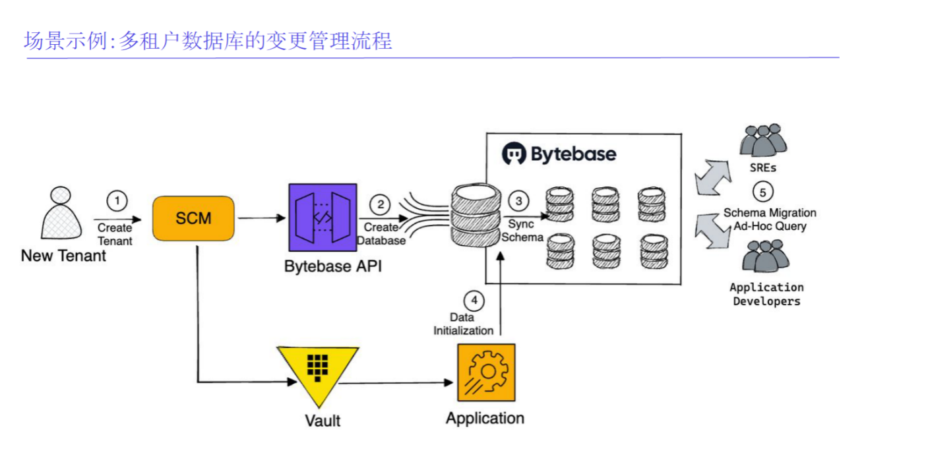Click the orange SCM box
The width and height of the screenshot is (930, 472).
193,218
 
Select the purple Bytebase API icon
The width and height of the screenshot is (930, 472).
323,218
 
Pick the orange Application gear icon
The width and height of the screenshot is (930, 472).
486,372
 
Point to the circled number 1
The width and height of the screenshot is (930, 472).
117,201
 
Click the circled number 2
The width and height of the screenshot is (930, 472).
380,204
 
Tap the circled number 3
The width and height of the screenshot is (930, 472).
519,200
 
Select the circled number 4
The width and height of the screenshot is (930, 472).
474,301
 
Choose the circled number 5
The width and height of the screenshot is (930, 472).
762,192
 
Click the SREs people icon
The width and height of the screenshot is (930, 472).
763,140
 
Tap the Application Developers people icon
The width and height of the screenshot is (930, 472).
765,256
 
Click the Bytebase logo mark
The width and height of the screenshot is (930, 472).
514,154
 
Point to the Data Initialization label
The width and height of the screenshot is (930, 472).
463,324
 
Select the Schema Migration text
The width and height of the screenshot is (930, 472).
770,213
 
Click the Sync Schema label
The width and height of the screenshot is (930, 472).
522,231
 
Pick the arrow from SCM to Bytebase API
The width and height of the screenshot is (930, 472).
260,218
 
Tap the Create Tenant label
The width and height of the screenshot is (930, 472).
115,234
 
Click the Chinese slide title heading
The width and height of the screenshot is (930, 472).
208,41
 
